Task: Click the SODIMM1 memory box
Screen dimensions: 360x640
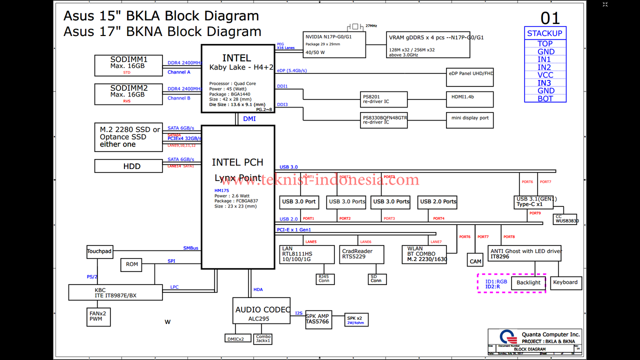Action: tap(129, 65)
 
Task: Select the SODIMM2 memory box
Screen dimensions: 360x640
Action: tap(129, 94)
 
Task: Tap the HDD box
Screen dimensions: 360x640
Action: tap(129, 166)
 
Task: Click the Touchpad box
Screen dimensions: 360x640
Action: tap(99, 251)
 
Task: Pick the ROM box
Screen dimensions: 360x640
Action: tap(132, 264)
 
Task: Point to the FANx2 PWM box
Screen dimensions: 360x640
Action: tap(99, 316)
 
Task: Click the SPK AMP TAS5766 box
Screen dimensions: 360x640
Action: tap(317, 319)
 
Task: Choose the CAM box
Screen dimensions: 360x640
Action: tap(475, 261)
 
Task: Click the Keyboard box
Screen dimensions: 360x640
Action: tap(565, 282)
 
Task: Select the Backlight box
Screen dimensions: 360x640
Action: tap(528, 282)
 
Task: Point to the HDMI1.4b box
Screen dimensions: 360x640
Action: tap(469, 99)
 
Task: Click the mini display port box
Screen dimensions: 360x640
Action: tap(469, 119)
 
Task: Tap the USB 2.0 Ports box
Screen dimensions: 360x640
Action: tap(438, 201)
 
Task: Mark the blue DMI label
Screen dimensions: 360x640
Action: tap(249, 119)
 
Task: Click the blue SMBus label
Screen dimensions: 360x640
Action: tap(190, 248)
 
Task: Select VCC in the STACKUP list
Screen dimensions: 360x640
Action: tap(545, 75)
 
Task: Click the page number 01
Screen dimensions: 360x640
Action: tap(550, 18)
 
